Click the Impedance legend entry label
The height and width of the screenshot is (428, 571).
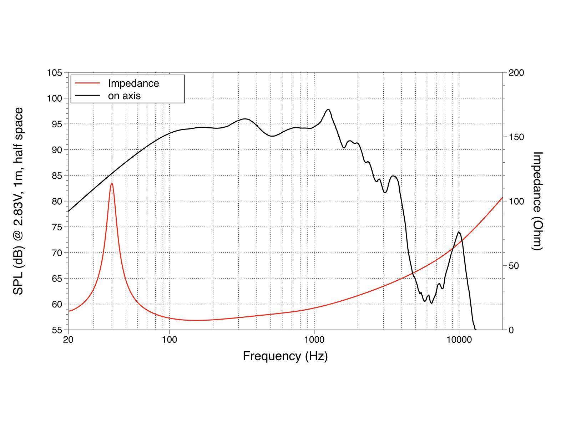pos(133,83)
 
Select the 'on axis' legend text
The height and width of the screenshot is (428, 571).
pos(124,96)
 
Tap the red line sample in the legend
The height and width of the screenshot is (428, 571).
pos(87,83)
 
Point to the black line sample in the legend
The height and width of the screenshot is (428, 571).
pos(87,96)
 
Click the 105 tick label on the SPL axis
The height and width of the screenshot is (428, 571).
pos(55,73)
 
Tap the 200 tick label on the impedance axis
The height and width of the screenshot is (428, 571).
pos(516,73)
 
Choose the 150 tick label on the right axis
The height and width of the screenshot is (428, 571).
pos(516,137)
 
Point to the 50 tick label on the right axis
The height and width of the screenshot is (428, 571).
pos(514,266)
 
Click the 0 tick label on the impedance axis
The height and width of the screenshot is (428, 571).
pos(511,330)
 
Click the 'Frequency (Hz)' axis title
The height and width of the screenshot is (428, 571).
pos(285,356)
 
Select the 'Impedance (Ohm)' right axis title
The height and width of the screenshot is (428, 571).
pos(537,201)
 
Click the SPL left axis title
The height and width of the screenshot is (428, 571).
pos(19,201)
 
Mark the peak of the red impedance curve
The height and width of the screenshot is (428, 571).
pos(112,183)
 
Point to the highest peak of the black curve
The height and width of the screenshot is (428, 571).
pos(328,109)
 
